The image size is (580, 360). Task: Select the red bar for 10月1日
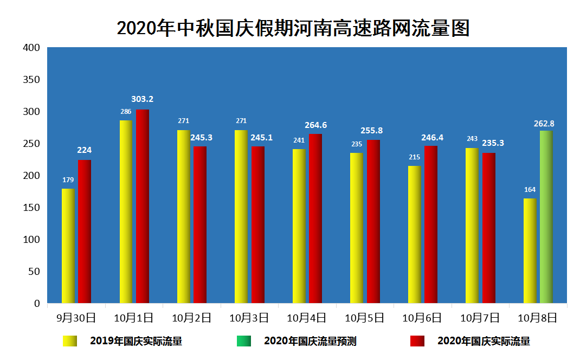click(143, 206)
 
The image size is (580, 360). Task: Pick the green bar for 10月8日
click(546, 217)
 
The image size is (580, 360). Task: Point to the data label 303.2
click(143, 99)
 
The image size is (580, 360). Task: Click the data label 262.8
click(544, 124)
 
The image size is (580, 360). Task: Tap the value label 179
click(68, 180)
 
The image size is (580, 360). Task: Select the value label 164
click(530, 190)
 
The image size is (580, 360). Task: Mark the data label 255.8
click(371, 131)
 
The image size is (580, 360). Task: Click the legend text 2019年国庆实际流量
click(136, 341)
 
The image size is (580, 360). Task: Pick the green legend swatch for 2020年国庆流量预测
click(243, 341)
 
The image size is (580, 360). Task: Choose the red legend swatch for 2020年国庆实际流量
click(417, 341)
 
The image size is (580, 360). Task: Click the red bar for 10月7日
click(488, 228)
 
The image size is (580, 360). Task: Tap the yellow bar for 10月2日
click(184, 217)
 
